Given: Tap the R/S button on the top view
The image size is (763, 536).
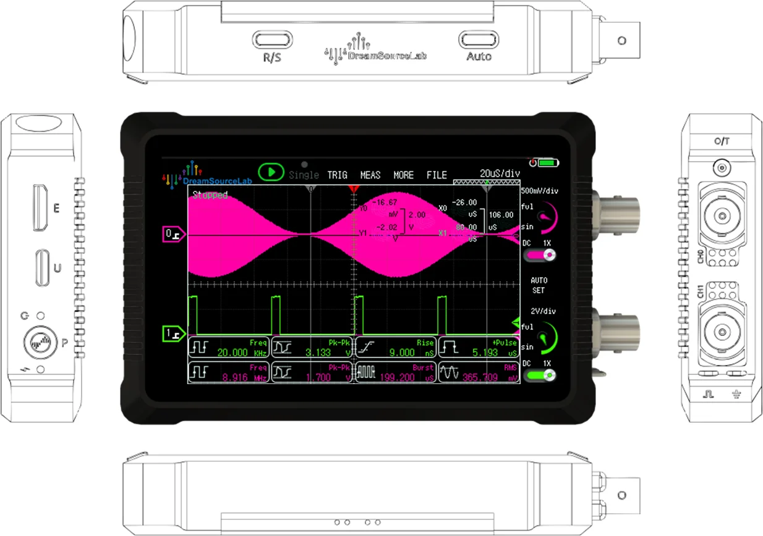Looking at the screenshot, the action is pos(272,40).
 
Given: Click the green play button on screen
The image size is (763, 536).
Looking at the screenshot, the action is pos(271,172).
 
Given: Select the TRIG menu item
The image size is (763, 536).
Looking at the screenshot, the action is pos(337,175).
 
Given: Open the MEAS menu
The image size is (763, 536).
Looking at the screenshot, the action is pos(370,175).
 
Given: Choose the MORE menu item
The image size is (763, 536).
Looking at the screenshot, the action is pos(404,175).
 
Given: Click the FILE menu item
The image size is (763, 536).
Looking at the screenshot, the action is pos(437,175).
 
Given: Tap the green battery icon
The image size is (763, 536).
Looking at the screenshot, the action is pos(548,163).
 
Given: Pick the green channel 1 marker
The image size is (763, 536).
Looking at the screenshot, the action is pos(171,333).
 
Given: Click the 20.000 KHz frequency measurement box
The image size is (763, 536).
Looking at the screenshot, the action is pos(229,348).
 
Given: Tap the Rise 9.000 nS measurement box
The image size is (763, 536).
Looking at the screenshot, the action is pos(396,348).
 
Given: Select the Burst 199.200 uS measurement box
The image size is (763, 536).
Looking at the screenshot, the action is pos(396,372).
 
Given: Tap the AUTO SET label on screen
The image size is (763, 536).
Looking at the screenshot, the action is pos(539,285).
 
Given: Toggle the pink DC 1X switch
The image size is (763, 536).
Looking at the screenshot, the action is pos(545,254).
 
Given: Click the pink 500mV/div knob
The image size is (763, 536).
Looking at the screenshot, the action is pos(545,217).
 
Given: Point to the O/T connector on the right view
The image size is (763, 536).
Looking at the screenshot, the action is pos(721,167).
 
